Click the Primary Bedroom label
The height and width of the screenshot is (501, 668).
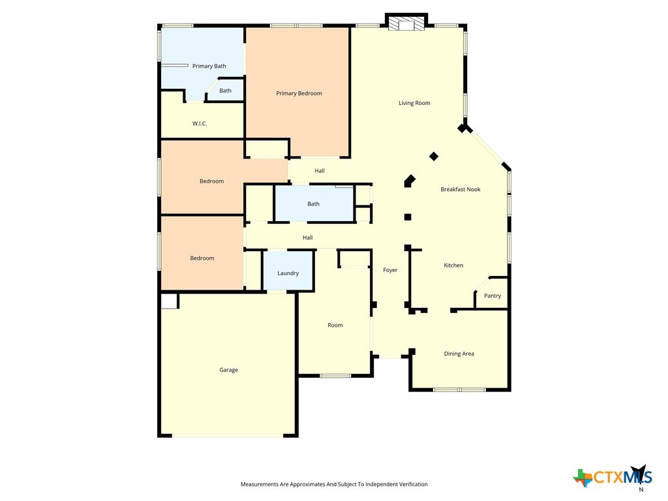(x=299, y=93)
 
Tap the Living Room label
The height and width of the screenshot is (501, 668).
(x=414, y=103)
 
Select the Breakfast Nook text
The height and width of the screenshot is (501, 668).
(x=460, y=189)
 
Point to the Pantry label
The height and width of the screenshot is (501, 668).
(x=493, y=296)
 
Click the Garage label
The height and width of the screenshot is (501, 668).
(x=228, y=370)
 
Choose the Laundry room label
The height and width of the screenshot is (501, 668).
(x=288, y=273)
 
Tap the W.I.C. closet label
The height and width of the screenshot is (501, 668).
(x=200, y=123)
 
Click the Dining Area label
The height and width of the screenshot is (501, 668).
(x=459, y=354)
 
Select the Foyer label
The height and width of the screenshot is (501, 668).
(x=390, y=270)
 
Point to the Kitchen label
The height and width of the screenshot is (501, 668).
(x=453, y=266)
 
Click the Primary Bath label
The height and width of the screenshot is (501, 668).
(x=209, y=66)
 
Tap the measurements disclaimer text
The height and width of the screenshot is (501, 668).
(x=334, y=484)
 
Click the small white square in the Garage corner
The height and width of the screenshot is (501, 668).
(x=169, y=301)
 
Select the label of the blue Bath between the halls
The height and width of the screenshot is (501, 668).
(x=314, y=204)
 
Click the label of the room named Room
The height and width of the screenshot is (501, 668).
(x=335, y=325)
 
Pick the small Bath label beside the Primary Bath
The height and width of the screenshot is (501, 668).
(x=225, y=91)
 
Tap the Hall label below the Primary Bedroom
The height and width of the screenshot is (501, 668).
(x=320, y=171)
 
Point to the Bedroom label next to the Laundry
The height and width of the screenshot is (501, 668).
(x=202, y=258)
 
